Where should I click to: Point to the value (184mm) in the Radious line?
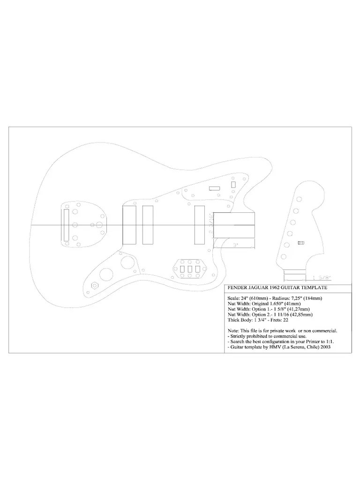tap(314, 298)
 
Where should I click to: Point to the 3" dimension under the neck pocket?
tap(235, 245)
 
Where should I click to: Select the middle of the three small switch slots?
tap(189, 269)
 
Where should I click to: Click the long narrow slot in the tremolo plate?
tap(67, 225)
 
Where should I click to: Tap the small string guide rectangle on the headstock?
tap(301, 243)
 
